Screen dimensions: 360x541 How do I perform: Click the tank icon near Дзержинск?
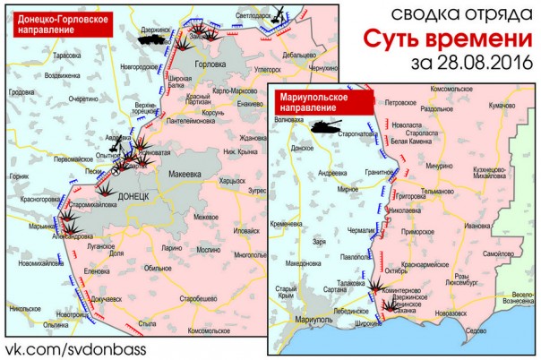(153, 39)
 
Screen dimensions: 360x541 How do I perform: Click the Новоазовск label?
(450, 313)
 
